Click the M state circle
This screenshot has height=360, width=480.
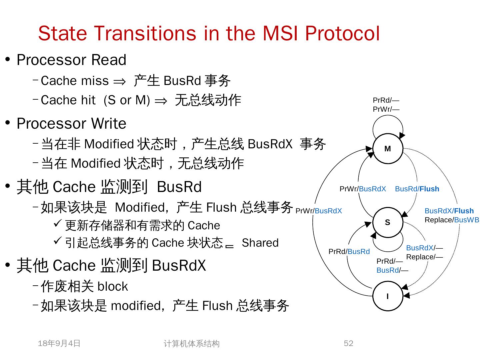point(388,149)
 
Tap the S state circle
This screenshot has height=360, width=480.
point(388,222)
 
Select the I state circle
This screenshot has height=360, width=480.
point(388,296)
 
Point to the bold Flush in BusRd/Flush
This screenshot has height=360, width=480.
point(429,189)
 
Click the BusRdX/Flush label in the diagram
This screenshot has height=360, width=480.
point(449,211)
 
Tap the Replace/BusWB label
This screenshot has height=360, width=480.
point(452,220)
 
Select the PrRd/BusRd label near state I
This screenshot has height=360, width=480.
point(349,252)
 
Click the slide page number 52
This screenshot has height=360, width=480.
point(348,343)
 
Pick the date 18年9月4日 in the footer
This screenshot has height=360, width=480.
point(59,343)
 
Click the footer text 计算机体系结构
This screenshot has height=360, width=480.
point(191,344)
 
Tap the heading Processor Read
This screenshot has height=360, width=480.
point(71,60)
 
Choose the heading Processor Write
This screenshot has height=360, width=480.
point(71,124)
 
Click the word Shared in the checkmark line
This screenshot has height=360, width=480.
point(260,243)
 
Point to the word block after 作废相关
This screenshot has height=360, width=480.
point(113,286)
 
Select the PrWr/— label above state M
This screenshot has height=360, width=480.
point(386,109)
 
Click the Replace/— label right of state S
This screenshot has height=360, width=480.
point(424,257)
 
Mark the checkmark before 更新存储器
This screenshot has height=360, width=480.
point(58,223)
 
